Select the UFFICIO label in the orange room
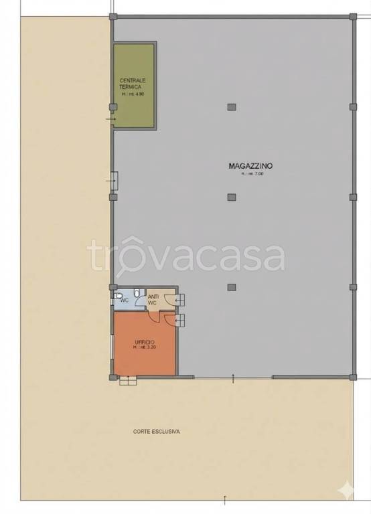(x=144, y=342)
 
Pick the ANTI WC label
(x=153, y=300)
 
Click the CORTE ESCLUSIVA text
(x=156, y=432)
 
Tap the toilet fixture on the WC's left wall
(x=117, y=295)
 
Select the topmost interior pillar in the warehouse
(x=232, y=107)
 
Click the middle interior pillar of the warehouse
(x=232, y=197)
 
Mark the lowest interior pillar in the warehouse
(x=232, y=288)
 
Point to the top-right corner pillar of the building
(x=353, y=16)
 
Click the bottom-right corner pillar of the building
(x=353, y=377)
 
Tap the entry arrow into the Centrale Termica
(x=110, y=119)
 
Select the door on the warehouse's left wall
(x=114, y=180)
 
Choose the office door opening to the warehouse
(x=179, y=321)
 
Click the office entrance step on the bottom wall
(x=128, y=382)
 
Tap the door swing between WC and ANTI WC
(x=139, y=301)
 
